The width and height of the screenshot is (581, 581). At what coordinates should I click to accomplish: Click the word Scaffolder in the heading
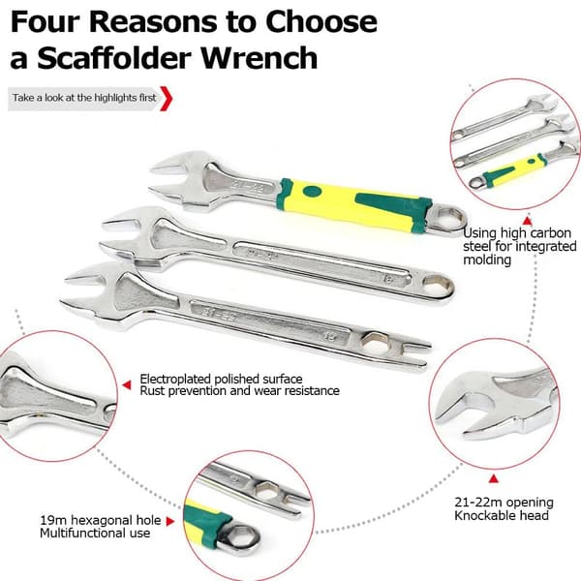pos(114,58)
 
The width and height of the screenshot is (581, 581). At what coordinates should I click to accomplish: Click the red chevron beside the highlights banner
pos(167,99)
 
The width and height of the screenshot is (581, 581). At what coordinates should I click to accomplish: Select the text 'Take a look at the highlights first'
pos(84,98)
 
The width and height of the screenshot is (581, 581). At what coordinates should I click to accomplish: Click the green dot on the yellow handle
pos(312,192)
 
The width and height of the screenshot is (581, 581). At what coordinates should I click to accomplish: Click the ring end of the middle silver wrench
pos(438,289)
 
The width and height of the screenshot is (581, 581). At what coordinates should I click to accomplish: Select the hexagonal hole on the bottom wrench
pos(374,341)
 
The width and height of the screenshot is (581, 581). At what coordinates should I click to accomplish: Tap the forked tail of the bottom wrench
pos(414,353)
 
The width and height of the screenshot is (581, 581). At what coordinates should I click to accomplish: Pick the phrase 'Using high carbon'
pos(517,233)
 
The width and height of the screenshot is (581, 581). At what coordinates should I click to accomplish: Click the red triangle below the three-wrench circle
pos(528,222)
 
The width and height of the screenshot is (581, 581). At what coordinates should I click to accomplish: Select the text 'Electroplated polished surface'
pos(221,379)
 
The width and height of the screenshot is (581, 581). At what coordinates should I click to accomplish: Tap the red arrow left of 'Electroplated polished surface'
pos(127,385)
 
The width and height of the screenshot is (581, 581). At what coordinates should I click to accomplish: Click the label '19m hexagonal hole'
pos(101,520)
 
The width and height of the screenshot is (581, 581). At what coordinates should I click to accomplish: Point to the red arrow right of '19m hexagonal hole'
pos(170,521)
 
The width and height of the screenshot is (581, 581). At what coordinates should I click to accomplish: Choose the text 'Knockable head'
pos(502,515)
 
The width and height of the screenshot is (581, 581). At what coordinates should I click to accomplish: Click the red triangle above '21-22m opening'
pos(493,478)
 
